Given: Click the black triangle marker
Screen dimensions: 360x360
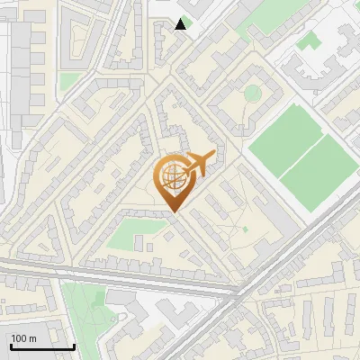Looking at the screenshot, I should click(x=181, y=24).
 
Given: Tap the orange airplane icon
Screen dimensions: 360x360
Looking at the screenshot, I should click(x=200, y=165).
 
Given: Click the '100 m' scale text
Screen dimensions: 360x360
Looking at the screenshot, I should click(x=22, y=338).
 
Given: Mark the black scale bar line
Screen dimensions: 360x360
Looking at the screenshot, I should click(x=41, y=346).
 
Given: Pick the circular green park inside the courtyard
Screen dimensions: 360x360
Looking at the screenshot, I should click(x=253, y=93).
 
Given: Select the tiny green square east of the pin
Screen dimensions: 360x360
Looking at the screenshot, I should click(x=244, y=229).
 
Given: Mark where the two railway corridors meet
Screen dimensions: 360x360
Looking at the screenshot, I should click(x=243, y=293).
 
